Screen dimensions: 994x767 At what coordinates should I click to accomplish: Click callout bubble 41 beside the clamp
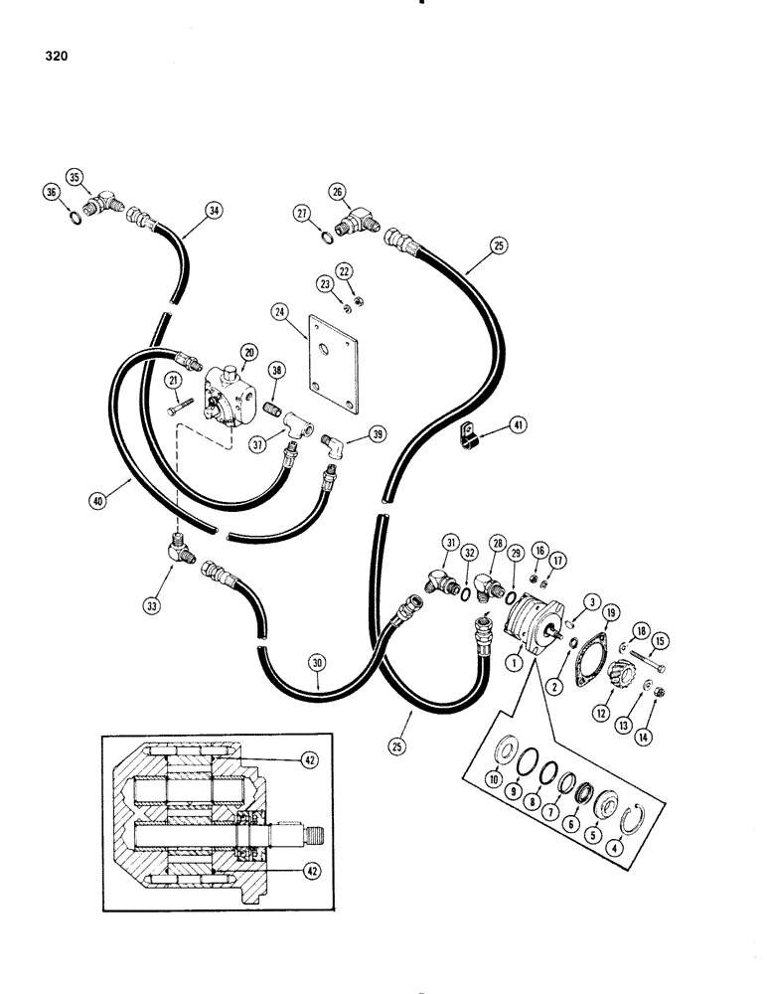[521, 425]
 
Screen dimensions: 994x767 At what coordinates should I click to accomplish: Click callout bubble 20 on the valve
[248, 351]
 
